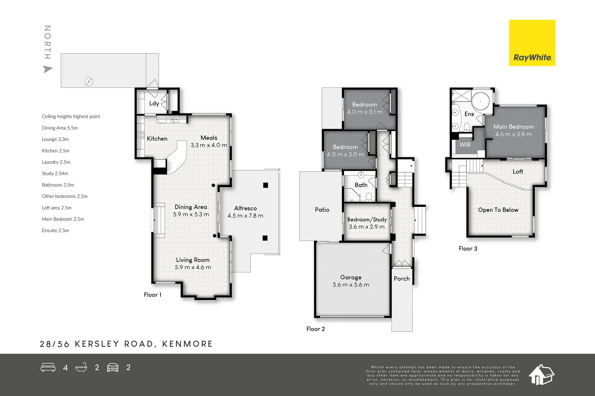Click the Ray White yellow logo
pos(532,43)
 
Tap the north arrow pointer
pos(47,69)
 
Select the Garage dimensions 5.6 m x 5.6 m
pos(351,285)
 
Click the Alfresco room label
pos(245,208)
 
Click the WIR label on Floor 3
pos(465,145)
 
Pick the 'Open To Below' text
pos(498,210)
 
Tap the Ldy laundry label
pos(154,103)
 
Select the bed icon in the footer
pos(48,367)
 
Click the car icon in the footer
pos(113,367)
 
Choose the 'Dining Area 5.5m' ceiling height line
pos(59,128)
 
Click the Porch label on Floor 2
pos(401,279)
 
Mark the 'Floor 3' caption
pos(468,249)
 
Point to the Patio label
pos(322,210)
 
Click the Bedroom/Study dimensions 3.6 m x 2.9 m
pos(367,227)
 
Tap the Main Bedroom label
pos(513,127)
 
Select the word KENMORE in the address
pos(187,344)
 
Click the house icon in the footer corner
pos(541,375)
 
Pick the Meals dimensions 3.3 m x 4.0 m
pos(209,145)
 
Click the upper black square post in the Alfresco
pos(266,185)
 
